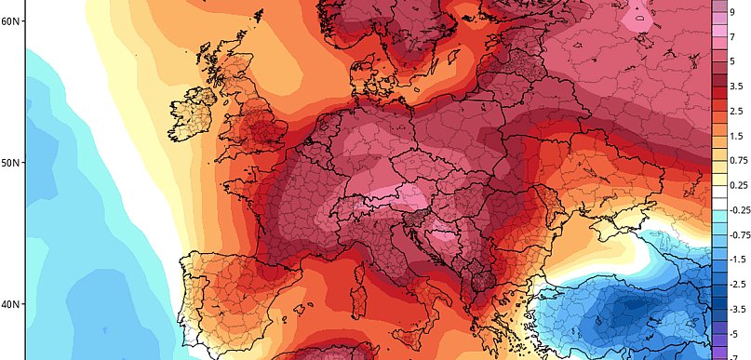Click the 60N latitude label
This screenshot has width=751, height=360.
tap(11, 20)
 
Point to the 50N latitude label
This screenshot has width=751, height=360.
tap(11, 162)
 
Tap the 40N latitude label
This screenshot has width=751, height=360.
tap(11, 304)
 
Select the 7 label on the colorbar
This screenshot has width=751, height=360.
tap(732, 37)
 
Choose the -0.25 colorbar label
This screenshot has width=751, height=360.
tap(738, 210)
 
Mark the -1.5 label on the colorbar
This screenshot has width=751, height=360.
tap(736, 259)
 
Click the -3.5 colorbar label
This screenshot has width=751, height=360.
tap(736, 307)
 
